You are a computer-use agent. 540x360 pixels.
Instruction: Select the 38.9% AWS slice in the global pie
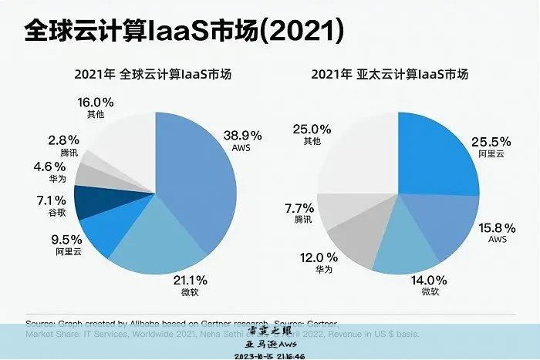coord(197,177)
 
